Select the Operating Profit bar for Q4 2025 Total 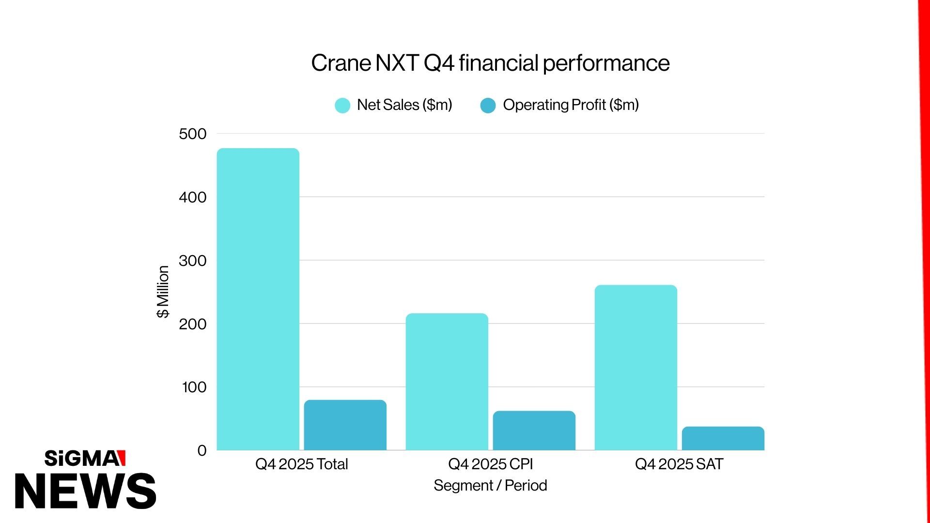345,425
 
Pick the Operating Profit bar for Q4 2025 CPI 534,431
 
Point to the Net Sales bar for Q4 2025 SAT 635,368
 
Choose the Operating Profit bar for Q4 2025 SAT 723,438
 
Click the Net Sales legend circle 342,106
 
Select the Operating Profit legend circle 488,106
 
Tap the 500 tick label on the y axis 192,134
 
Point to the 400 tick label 192,198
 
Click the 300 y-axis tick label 192,261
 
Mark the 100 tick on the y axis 194,387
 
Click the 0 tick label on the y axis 202,451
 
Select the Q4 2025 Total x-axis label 301,464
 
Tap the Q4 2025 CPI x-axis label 490,464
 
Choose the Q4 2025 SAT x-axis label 679,464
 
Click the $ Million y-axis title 163,292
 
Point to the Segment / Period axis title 490,486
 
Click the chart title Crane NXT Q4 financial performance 490,63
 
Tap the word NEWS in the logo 85,491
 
